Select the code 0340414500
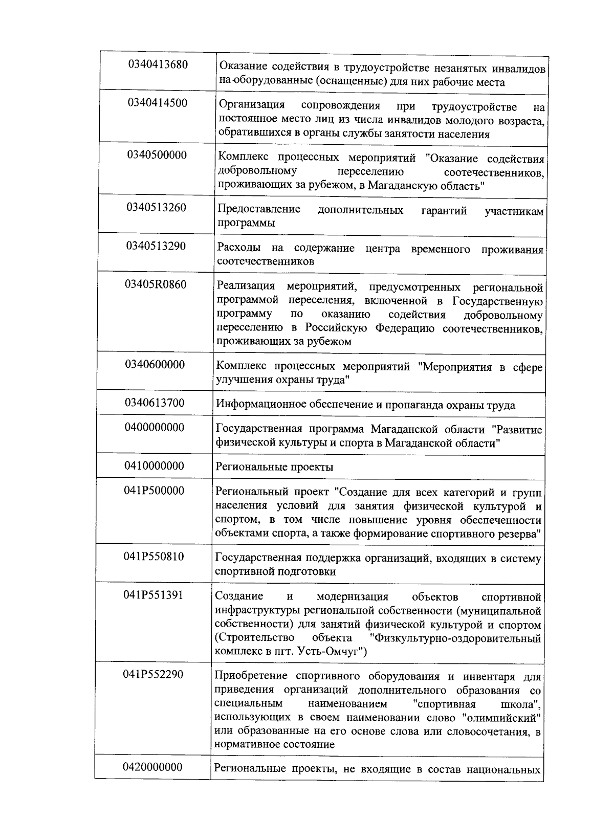pyautogui.click(x=158, y=103)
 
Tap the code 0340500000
pyautogui.click(x=157, y=155)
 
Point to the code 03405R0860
pyautogui.click(x=156, y=284)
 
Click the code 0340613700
pyautogui.click(x=155, y=403)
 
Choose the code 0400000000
pyautogui.click(x=155, y=427)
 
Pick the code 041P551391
pyautogui.click(x=153, y=595)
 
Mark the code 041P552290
pyautogui.click(x=153, y=674)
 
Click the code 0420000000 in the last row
pyautogui.click(x=152, y=767)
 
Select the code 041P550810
pyautogui.click(x=153, y=556)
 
